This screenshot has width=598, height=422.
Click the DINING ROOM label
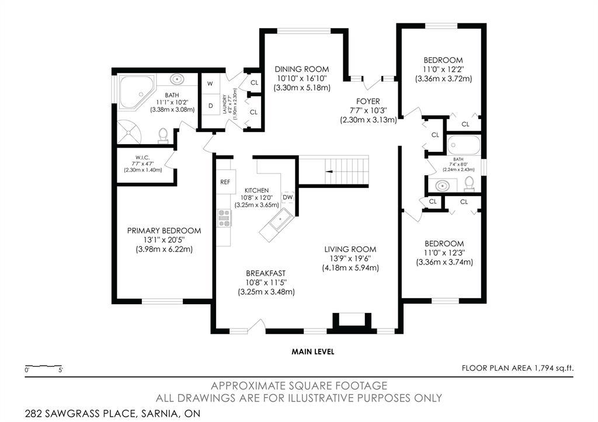click(302, 69)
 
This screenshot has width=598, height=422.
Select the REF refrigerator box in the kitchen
click(225, 182)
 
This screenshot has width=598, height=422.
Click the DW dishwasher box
click(287, 197)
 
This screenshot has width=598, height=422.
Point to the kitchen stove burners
click(224, 217)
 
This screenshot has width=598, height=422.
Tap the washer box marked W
click(210, 83)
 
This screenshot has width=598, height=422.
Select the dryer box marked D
click(210, 106)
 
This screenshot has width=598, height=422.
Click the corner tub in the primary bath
click(134, 92)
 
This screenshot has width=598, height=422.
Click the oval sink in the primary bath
click(176, 79)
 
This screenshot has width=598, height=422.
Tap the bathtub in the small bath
click(464, 144)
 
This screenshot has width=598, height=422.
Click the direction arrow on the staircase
click(329, 172)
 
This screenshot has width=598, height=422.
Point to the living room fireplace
click(351, 322)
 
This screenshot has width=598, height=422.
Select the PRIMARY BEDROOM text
click(164, 231)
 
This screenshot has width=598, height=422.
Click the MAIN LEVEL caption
click(313, 351)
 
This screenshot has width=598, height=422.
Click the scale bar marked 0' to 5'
click(44, 368)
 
